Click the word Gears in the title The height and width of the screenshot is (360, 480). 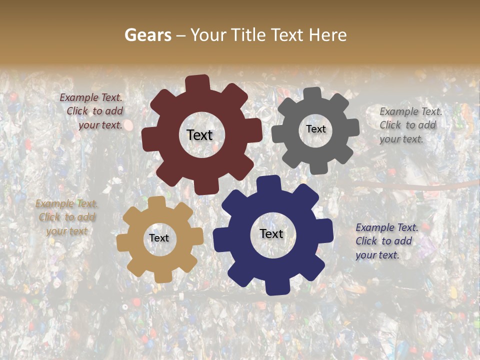147,35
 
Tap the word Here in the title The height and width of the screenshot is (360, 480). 327,35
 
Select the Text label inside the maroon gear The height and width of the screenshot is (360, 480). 199,135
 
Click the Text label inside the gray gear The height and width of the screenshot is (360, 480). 315,129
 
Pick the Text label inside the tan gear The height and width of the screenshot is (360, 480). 159,238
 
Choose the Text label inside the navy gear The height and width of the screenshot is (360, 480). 271,233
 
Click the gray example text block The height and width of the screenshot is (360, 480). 410,125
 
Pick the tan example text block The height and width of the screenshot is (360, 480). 66,217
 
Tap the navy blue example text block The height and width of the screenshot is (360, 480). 386,241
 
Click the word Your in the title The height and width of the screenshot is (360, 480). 206,35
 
